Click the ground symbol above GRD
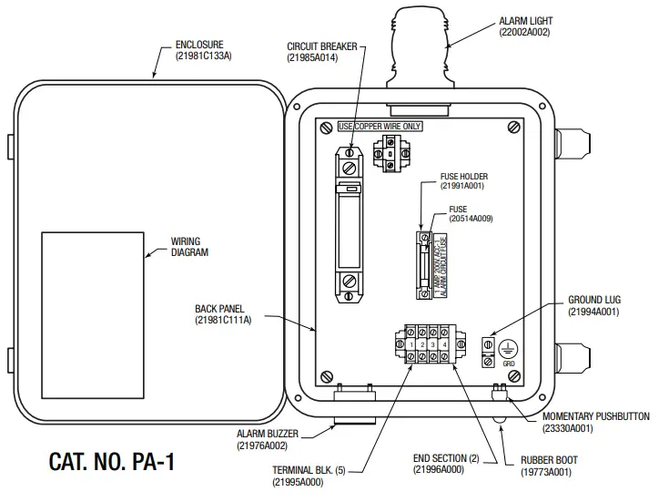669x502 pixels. click(x=511, y=346)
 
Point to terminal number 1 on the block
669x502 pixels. click(x=412, y=345)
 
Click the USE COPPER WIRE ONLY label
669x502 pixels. click(x=373, y=126)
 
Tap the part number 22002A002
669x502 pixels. click(x=525, y=32)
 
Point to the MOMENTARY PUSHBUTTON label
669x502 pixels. click(x=595, y=416)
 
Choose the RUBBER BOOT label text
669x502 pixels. click(x=549, y=460)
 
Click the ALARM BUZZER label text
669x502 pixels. click(x=263, y=435)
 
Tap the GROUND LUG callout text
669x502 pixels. click(x=593, y=300)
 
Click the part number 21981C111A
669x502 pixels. click(x=223, y=320)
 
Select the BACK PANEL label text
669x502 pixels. click(x=219, y=309)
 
